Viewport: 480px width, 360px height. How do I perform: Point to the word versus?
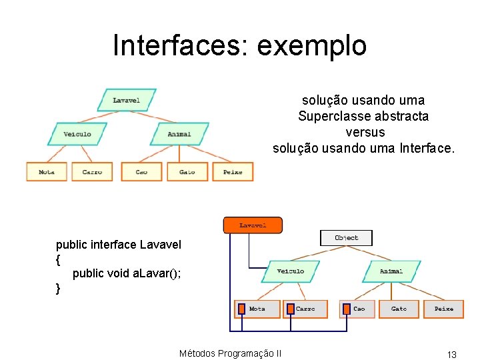(363, 132)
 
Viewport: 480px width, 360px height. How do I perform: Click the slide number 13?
(451, 355)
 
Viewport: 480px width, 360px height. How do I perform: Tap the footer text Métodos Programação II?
(230, 353)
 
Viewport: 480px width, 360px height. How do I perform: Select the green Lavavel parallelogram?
(126, 100)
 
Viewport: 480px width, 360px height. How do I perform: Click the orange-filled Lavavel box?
(253, 225)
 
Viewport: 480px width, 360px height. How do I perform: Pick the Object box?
(346, 237)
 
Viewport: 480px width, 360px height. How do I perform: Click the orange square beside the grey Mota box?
(240, 309)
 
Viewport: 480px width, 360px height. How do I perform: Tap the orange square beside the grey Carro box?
(289, 309)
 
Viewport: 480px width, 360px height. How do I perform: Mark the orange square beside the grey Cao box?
(345, 309)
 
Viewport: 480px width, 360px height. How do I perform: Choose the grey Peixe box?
(443, 309)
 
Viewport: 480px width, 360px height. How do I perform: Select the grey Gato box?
(399, 309)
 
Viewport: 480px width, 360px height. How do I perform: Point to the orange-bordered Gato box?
(187, 171)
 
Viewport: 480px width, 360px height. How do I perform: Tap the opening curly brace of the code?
(59, 259)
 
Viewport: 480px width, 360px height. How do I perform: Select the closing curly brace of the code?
(59, 288)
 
